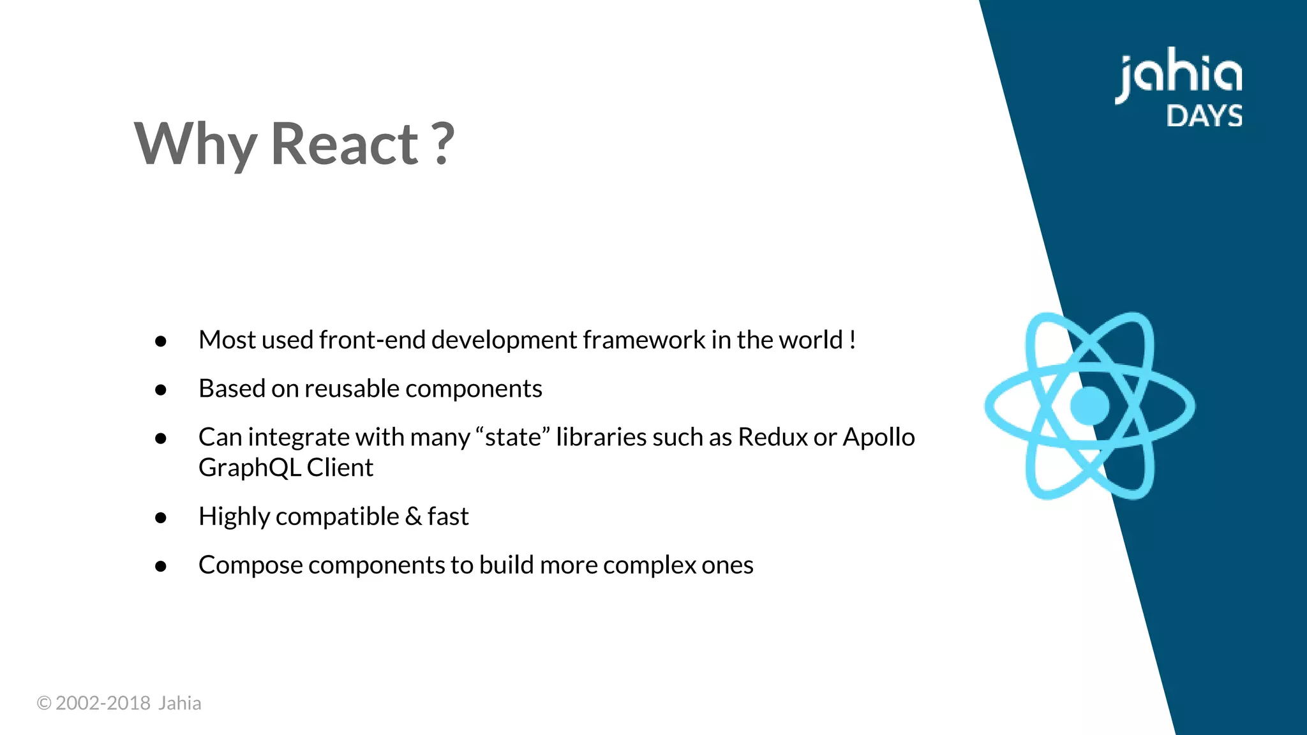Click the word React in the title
[x=345, y=144]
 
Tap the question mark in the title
[x=442, y=144]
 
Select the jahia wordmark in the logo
[x=1179, y=75]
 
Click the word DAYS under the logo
[x=1204, y=116]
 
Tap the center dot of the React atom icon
[x=1089, y=406]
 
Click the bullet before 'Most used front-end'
[x=161, y=341]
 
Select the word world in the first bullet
[x=810, y=340]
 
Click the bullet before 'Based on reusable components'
[x=161, y=390]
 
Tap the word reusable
[x=352, y=389]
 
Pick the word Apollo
[x=879, y=438]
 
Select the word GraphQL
[x=250, y=468]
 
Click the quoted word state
[x=512, y=438]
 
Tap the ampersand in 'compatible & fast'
[x=414, y=517]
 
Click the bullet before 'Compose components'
[x=161, y=567]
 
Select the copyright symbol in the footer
[x=44, y=703]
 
